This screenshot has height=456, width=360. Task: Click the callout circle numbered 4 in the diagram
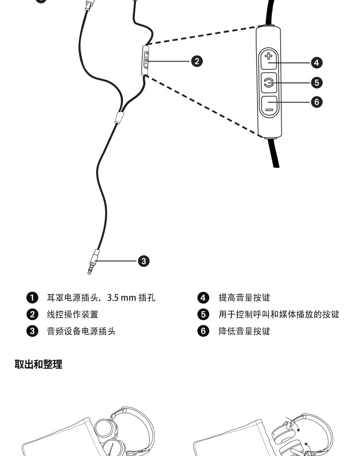pos(317,62)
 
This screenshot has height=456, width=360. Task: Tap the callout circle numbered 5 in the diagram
pos(317,82)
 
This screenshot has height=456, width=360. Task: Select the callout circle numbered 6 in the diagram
pos(317,102)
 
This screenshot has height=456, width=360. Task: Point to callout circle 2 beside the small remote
pos(196,61)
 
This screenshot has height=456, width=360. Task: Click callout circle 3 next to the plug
pos(144,261)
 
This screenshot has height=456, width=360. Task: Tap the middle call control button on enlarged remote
pos(269,83)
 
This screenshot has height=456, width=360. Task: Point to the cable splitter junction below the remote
pos(119,118)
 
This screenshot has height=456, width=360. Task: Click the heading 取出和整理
pos(38,364)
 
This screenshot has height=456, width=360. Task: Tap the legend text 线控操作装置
pos(72,315)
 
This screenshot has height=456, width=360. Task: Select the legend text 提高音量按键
pos(244,298)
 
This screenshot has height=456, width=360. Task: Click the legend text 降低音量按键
pos(244,332)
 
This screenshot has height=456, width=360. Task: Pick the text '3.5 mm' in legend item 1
pos(122,298)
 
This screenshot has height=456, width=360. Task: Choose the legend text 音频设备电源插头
pos(81,332)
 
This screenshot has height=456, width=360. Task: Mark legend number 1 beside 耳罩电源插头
pos(32,298)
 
